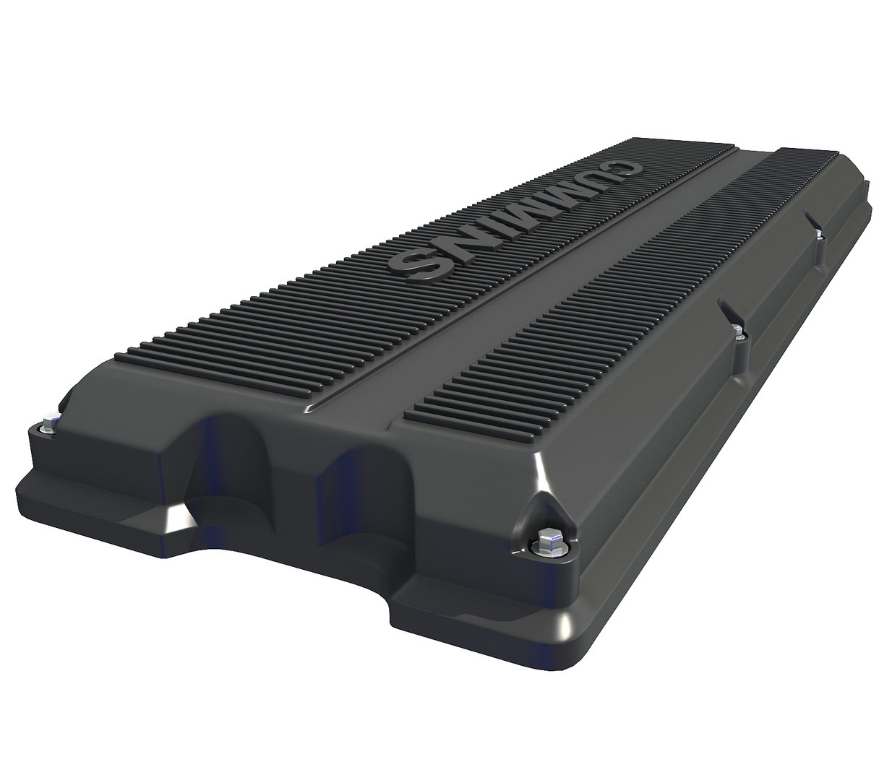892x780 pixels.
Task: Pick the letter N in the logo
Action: (455, 246)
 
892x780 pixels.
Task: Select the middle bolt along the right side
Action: (737, 331)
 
